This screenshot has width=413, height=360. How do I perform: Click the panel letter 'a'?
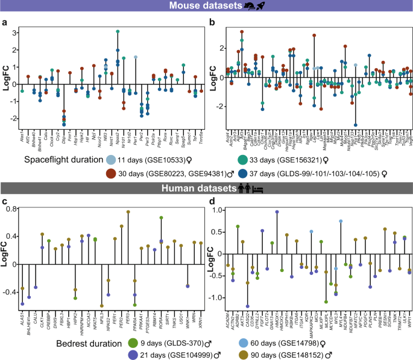click(5, 23)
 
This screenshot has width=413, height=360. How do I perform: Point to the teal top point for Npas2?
click(118, 31)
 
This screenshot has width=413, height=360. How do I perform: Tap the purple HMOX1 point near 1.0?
click(277, 212)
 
